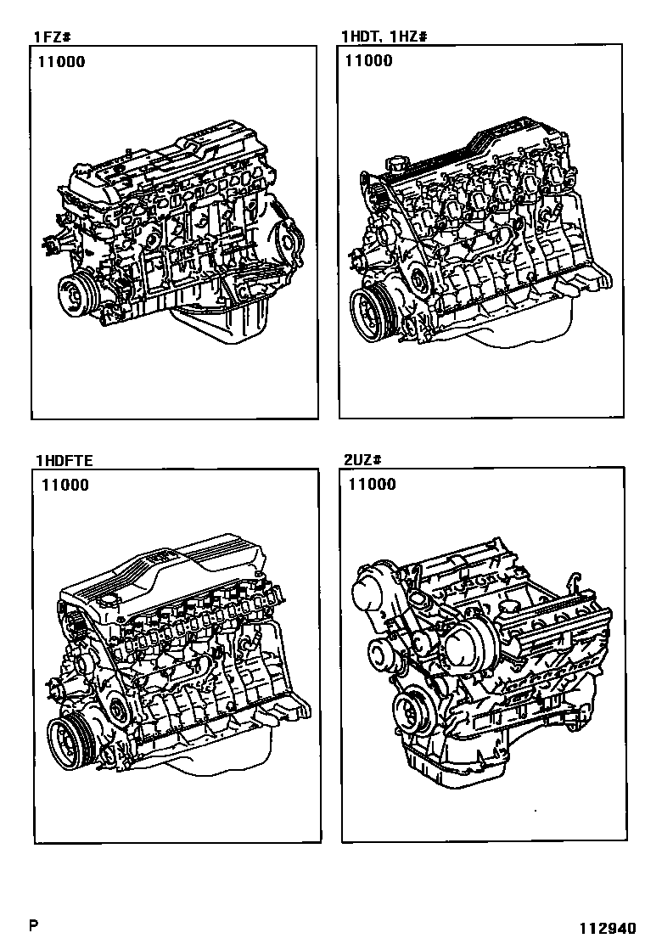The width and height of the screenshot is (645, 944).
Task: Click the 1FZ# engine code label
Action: [x=53, y=37]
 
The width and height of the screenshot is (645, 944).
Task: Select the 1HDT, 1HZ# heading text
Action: [x=384, y=37]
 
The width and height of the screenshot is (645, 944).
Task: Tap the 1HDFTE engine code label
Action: [x=64, y=461]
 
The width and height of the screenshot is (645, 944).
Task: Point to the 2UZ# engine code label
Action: [x=363, y=460]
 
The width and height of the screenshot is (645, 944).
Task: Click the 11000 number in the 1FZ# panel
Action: [x=62, y=61]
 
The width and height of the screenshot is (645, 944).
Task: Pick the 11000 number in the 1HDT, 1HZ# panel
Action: [x=369, y=61]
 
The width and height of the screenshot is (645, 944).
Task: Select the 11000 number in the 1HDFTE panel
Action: [x=65, y=486]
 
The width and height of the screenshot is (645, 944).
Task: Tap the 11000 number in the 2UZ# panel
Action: [x=373, y=485]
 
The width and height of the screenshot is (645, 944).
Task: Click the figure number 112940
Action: [x=607, y=928]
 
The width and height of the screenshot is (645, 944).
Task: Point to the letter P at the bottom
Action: [x=34, y=924]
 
